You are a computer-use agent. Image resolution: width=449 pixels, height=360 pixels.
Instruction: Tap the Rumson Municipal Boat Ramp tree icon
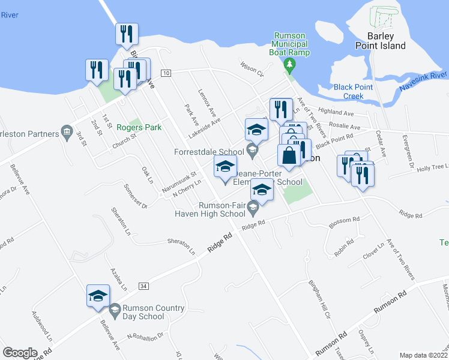tap(290, 64)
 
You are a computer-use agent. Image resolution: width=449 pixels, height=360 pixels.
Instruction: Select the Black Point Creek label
tap(354, 91)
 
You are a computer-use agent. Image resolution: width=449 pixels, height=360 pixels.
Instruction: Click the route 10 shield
tap(166, 73)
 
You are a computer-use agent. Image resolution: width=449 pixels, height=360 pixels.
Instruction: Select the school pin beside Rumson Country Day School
tap(98, 296)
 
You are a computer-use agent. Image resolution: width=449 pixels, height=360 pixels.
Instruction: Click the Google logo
tap(20, 352)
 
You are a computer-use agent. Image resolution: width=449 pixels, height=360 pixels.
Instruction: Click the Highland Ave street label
tap(337, 112)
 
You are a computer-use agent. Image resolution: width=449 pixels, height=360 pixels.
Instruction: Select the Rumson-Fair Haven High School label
tap(210, 209)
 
